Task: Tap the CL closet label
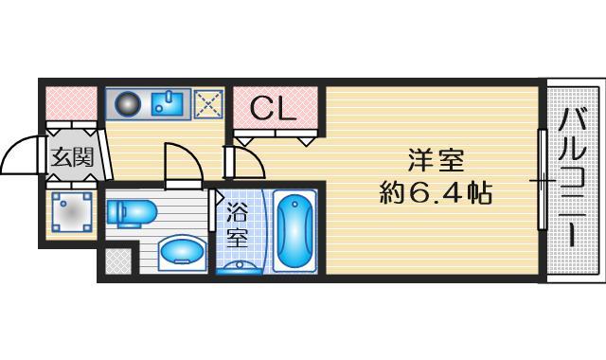tap(275, 110)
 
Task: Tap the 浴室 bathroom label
tap(237, 226)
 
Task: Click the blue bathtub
tap(296, 230)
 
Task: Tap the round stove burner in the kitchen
tap(127, 102)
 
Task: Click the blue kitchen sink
tap(168, 102)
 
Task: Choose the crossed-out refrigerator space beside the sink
tap(206, 102)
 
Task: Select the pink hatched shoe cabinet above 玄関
tap(72, 102)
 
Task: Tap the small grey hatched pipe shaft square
tap(117, 260)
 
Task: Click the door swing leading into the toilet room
tap(180, 165)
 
